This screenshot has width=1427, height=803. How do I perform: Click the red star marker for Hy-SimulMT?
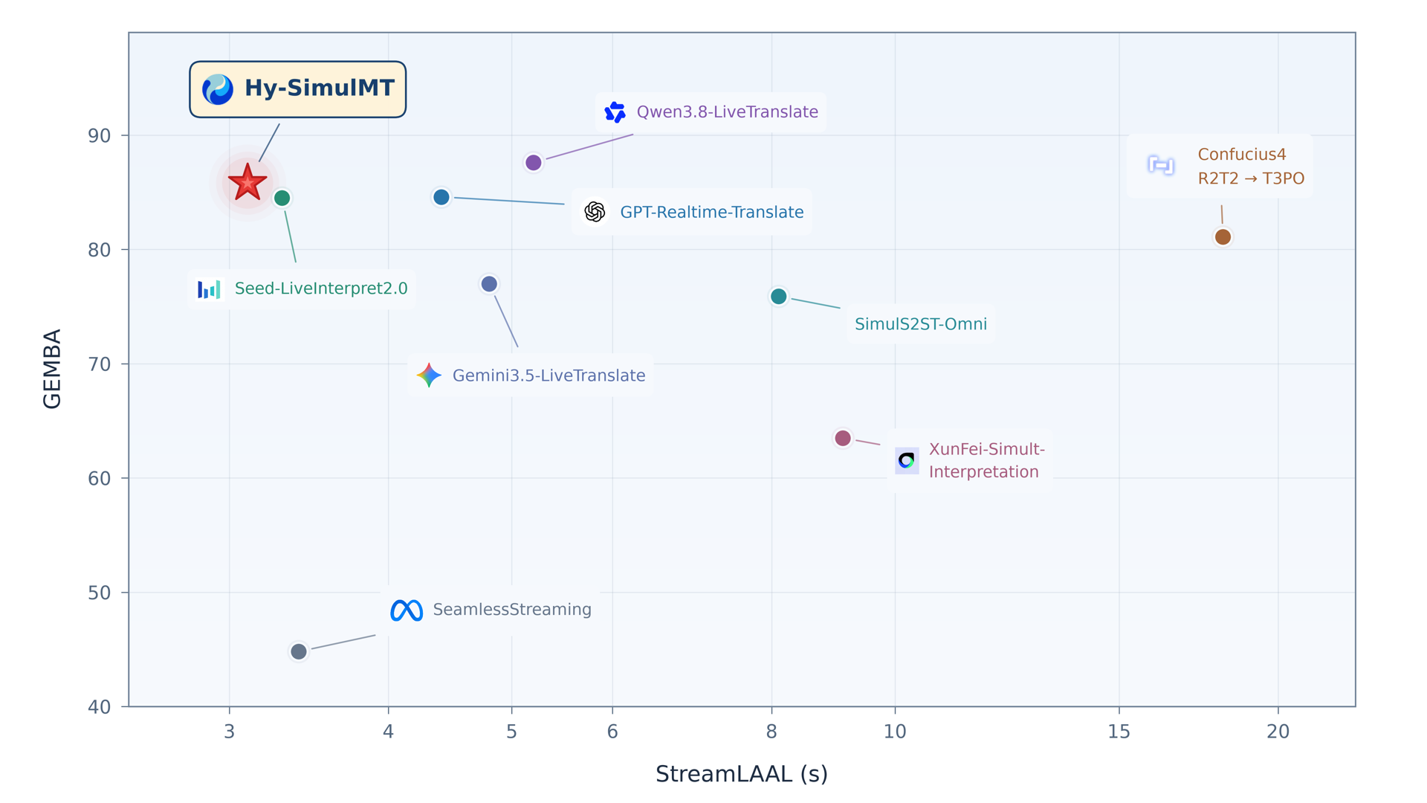[247, 183]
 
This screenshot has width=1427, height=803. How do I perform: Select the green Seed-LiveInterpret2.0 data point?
[282, 198]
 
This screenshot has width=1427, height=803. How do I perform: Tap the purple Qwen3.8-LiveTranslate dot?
[533, 162]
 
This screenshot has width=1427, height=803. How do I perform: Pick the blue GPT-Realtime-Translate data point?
[441, 197]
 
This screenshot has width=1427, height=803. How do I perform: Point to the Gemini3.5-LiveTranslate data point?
[489, 284]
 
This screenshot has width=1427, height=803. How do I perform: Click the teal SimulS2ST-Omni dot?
[778, 297]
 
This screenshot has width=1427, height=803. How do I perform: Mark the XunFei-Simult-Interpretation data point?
[842, 438]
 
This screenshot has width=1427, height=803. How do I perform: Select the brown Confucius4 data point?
[1223, 237]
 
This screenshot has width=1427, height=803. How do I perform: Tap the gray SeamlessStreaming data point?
[298, 651]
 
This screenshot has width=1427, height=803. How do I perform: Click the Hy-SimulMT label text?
[320, 88]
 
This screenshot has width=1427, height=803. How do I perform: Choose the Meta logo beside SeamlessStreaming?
[407, 610]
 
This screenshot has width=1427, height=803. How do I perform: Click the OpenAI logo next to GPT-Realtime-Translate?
[595, 212]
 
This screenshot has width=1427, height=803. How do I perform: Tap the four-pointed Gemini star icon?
[429, 375]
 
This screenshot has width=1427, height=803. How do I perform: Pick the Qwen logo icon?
[615, 112]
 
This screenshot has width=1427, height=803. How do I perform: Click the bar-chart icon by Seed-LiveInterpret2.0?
[209, 289]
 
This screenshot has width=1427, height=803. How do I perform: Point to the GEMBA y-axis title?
[52, 369]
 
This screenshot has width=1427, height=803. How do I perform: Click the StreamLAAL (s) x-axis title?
[742, 775]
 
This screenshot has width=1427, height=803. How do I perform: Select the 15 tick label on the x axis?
[1119, 732]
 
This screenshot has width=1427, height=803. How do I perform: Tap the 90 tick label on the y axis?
[99, 136]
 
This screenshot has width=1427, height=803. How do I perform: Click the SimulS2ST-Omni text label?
[921, 324]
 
